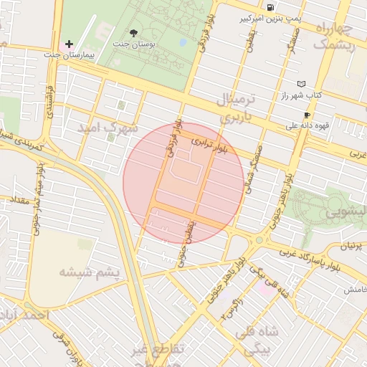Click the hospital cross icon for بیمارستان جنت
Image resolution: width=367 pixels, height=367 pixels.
pyautogui.click(x=69, y=44)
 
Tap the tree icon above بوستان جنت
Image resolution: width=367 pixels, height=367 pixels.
pyautogui.click(x=133, y=32)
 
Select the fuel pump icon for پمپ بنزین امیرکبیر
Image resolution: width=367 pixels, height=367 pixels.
pyautogui.click(x=270, y=8)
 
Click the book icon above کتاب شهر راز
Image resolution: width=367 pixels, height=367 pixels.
pyautogui.click(x=301, y=84)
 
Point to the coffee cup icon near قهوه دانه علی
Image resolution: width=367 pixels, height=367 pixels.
pyautogui.click(x=307, y=115)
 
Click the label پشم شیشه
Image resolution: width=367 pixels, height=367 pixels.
pyautogui.click(x=83, y=272)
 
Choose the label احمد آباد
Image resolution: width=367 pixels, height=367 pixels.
pyautogui.click(x=25, y=315)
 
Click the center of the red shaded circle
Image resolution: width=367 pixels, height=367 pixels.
pyautogui.click(x=183, y=183)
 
